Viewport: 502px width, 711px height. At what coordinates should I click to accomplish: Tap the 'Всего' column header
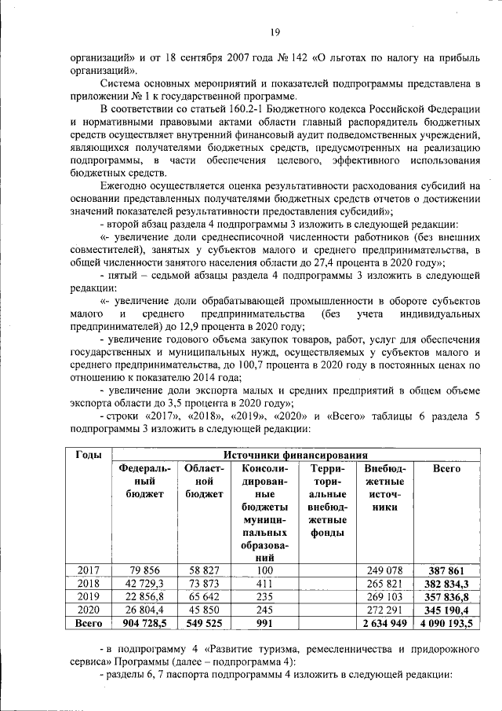click(x=447, y=469)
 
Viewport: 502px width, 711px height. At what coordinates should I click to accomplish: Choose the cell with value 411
click(x=264, y=583)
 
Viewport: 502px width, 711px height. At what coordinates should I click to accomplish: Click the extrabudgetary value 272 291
click(x=385, y=610)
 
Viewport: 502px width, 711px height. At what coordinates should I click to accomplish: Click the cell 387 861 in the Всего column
click(x=447, y=570)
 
